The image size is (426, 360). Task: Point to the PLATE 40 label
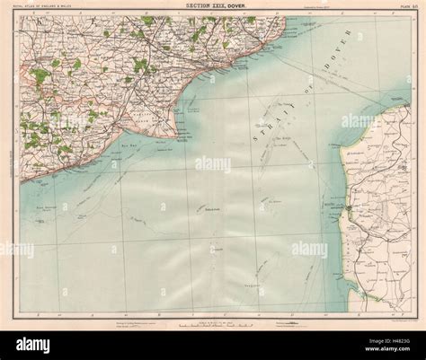[x=395, y=9]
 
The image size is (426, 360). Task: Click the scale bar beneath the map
[x=212, y=320]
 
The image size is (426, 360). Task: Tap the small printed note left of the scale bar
[x=134, y=320]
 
